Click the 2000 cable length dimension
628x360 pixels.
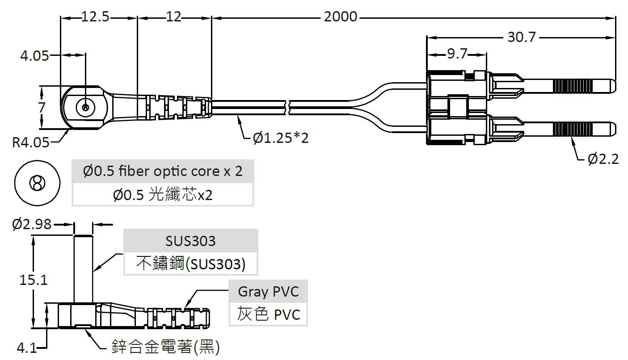[341, 17]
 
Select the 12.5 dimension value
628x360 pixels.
[95, 17]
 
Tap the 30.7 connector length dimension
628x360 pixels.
[521, 37]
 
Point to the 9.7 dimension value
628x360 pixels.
[457, 54]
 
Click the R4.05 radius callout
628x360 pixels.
[30, 142]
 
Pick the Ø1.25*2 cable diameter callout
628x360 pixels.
[281, 138]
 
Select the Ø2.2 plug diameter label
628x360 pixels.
[603, 159]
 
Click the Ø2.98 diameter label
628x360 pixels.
[32, 224]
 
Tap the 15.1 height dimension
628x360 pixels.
[34, 280]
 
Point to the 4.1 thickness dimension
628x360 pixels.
[27, 347]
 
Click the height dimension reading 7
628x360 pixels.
[42, 108]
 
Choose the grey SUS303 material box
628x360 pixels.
[191, 241]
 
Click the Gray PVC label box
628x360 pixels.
[268, 292]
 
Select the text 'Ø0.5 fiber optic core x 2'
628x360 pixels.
[163, 171]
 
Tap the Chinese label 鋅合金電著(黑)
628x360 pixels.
[165, 347]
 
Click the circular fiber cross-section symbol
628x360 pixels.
[37, 183]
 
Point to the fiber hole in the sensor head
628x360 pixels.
[85, 107]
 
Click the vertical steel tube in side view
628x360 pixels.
[83, 268]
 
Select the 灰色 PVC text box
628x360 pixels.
[268, 314]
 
